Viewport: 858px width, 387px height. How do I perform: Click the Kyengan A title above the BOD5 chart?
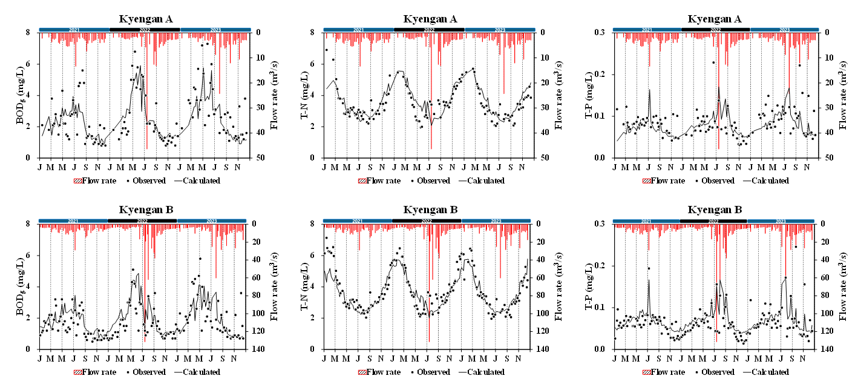coord(145,19)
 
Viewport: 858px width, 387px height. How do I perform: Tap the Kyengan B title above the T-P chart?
coord(714,210)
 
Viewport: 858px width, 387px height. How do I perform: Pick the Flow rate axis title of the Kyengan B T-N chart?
coord(558,286)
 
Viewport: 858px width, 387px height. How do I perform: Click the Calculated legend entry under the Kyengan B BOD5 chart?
coord(146,372)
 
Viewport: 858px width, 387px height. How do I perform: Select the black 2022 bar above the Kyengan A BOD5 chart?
coord(145,29)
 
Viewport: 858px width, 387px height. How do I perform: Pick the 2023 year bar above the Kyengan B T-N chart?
coord(497,220)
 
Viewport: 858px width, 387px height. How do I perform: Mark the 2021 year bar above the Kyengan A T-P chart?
coord(647,29)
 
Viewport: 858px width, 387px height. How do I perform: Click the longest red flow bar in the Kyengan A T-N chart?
coord(431,91)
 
